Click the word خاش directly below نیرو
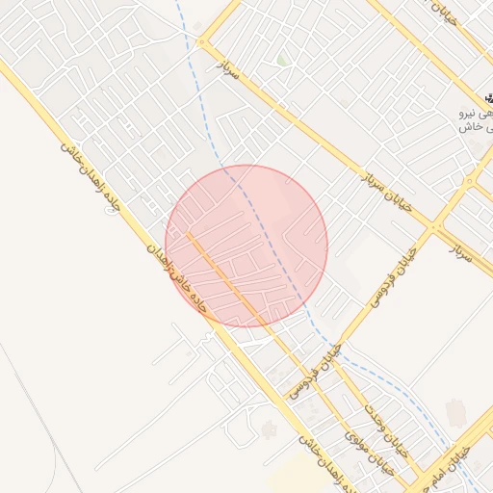(x=469, y=127)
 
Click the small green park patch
(x=282, y=60)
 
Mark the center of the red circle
(x=246, y=246)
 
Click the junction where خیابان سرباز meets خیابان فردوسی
(x=435, y=227)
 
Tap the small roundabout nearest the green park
(x=202, y=42)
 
